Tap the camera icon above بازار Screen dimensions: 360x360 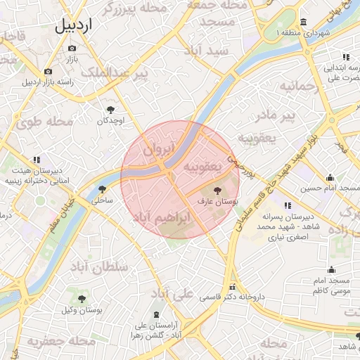point(72,49)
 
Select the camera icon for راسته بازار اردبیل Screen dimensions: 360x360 point(48,71)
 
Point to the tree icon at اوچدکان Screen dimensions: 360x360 point(110,109)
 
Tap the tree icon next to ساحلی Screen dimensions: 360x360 point(103,189)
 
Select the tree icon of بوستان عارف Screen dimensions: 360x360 point(217,189)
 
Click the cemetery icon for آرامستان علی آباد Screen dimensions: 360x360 point(155,314)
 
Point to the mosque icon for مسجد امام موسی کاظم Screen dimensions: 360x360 point(332,269)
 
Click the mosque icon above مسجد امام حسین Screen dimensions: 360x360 point(330,177)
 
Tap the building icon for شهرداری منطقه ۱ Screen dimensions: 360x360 point(303,21)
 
